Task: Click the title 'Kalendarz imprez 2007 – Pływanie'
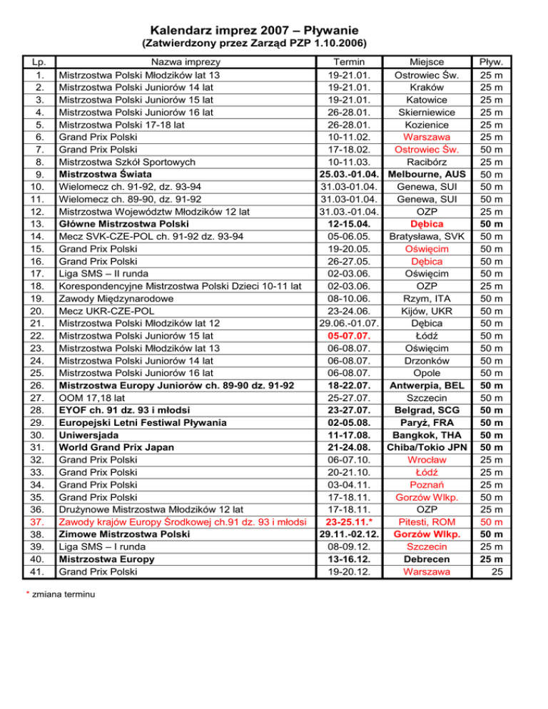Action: [274, 31]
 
